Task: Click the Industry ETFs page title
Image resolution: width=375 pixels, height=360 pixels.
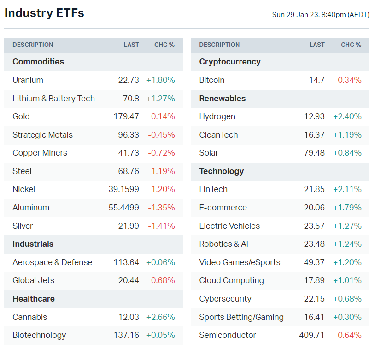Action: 44,13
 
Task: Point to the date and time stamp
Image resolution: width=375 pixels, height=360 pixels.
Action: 321,15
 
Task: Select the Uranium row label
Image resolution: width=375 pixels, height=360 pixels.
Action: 28,80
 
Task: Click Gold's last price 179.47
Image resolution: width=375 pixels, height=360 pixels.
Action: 126,116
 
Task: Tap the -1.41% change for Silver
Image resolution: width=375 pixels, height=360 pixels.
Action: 161,226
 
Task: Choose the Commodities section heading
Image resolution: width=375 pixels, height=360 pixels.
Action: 38,62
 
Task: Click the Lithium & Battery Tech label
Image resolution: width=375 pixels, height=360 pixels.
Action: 53,99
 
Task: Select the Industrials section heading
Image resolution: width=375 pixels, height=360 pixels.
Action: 33,244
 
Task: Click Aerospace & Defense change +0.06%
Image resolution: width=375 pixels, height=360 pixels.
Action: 160,262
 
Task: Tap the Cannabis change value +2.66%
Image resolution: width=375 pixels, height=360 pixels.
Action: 160,317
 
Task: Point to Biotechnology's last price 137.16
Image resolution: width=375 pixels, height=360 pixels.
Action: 126,335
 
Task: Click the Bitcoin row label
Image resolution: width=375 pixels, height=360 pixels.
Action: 212,80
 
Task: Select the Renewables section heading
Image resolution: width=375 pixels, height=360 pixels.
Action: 223,99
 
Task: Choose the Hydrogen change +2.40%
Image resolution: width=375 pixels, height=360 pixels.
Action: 347,116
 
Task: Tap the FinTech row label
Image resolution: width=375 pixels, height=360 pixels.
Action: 213,189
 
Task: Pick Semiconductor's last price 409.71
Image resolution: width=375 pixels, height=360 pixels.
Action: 312,335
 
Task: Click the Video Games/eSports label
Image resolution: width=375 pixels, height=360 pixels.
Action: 240,262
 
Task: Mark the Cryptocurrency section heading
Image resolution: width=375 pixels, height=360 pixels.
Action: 230,62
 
